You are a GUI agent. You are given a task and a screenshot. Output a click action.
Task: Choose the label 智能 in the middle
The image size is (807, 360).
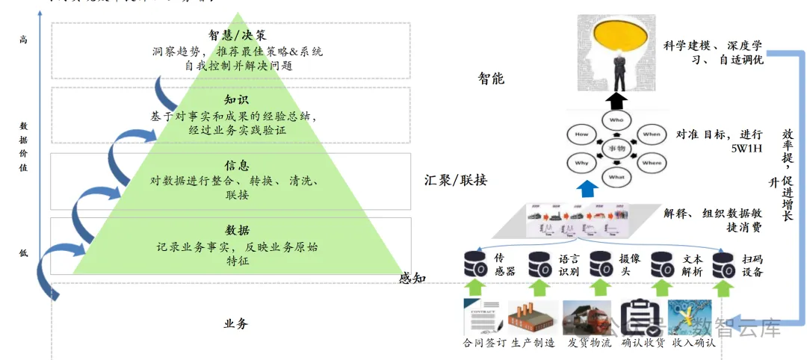(x=491, y=78)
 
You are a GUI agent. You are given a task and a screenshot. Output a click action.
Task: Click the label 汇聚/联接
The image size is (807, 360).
(x=456, y=180)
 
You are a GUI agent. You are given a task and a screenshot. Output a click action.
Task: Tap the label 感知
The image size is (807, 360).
(x=412, y=279)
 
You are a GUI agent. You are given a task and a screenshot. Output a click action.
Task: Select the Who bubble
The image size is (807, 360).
(x=616, y=120)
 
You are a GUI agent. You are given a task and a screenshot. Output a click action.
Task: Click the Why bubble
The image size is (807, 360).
(x=581, y=162)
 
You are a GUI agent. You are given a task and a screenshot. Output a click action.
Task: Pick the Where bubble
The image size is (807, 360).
(x=652, y=162)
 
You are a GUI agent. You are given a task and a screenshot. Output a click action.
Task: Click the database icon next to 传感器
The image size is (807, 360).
(x=475, y=263)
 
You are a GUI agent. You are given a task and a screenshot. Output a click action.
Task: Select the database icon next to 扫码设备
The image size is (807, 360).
(x=723, y=263)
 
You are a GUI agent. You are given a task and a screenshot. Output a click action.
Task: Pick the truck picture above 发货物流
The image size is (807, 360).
(x=587, y=317)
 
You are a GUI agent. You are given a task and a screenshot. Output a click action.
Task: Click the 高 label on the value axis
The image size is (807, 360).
(x=23, y=40)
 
